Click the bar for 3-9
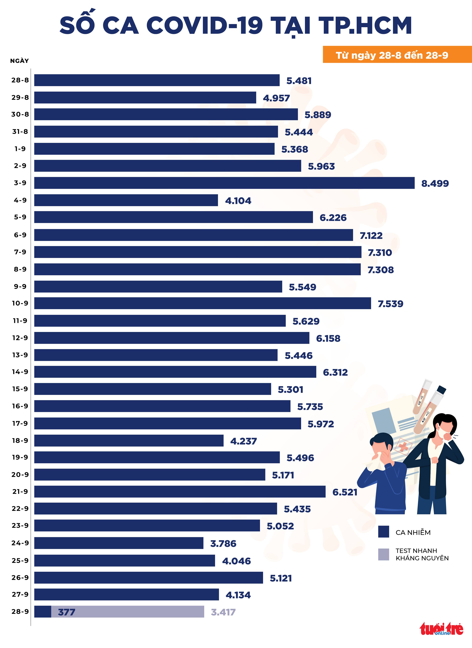[x=224, y=183]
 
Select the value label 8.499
[x=435, y=184]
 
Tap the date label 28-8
[x=20, y=80]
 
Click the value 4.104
[x=238, y=201]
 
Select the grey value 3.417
[x=223, y=612]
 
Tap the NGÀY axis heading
[x=19, y=61]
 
